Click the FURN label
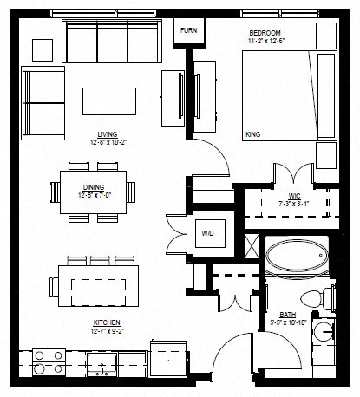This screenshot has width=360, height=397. click(188, 30)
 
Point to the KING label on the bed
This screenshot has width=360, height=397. click(254, 135)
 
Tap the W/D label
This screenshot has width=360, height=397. click(207, 233)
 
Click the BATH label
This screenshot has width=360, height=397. click(288, 316)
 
